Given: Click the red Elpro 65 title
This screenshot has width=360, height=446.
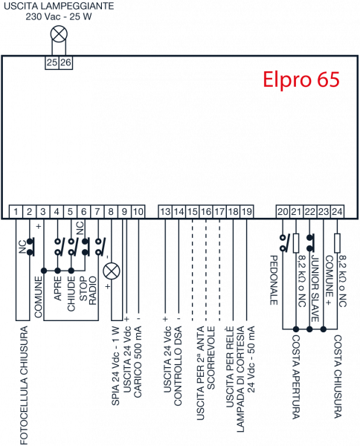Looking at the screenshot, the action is [301, 80].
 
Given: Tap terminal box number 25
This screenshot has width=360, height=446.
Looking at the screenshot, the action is [52, 62].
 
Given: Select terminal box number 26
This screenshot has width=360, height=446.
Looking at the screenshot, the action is [65, 62].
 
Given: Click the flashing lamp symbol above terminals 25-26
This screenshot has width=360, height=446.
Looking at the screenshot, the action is [59, 35].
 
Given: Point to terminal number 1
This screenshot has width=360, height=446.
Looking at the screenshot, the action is [16, 212].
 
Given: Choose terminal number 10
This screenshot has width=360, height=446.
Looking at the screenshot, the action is [138, 212].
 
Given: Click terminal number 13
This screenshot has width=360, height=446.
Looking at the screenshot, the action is [165, 212].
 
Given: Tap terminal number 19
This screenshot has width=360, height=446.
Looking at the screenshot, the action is [247, 212].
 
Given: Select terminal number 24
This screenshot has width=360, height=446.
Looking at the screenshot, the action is [337, 212].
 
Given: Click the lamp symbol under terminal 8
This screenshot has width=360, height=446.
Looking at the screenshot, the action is [112, 271].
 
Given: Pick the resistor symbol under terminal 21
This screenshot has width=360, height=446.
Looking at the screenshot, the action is [296, 243].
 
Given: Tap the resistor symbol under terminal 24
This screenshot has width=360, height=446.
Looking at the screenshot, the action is [337, 243].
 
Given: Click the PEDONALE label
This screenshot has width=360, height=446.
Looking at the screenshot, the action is [274, 280].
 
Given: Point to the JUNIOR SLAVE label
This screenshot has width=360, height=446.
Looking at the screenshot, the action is [315, 288].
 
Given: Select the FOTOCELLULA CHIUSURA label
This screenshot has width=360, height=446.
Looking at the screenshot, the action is [24, 385].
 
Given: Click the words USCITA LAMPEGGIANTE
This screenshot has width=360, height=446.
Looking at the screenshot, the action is [59, 6].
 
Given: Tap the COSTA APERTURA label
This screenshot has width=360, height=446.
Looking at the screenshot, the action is [296, 377].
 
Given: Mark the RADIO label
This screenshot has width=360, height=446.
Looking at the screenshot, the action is [93, 291].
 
